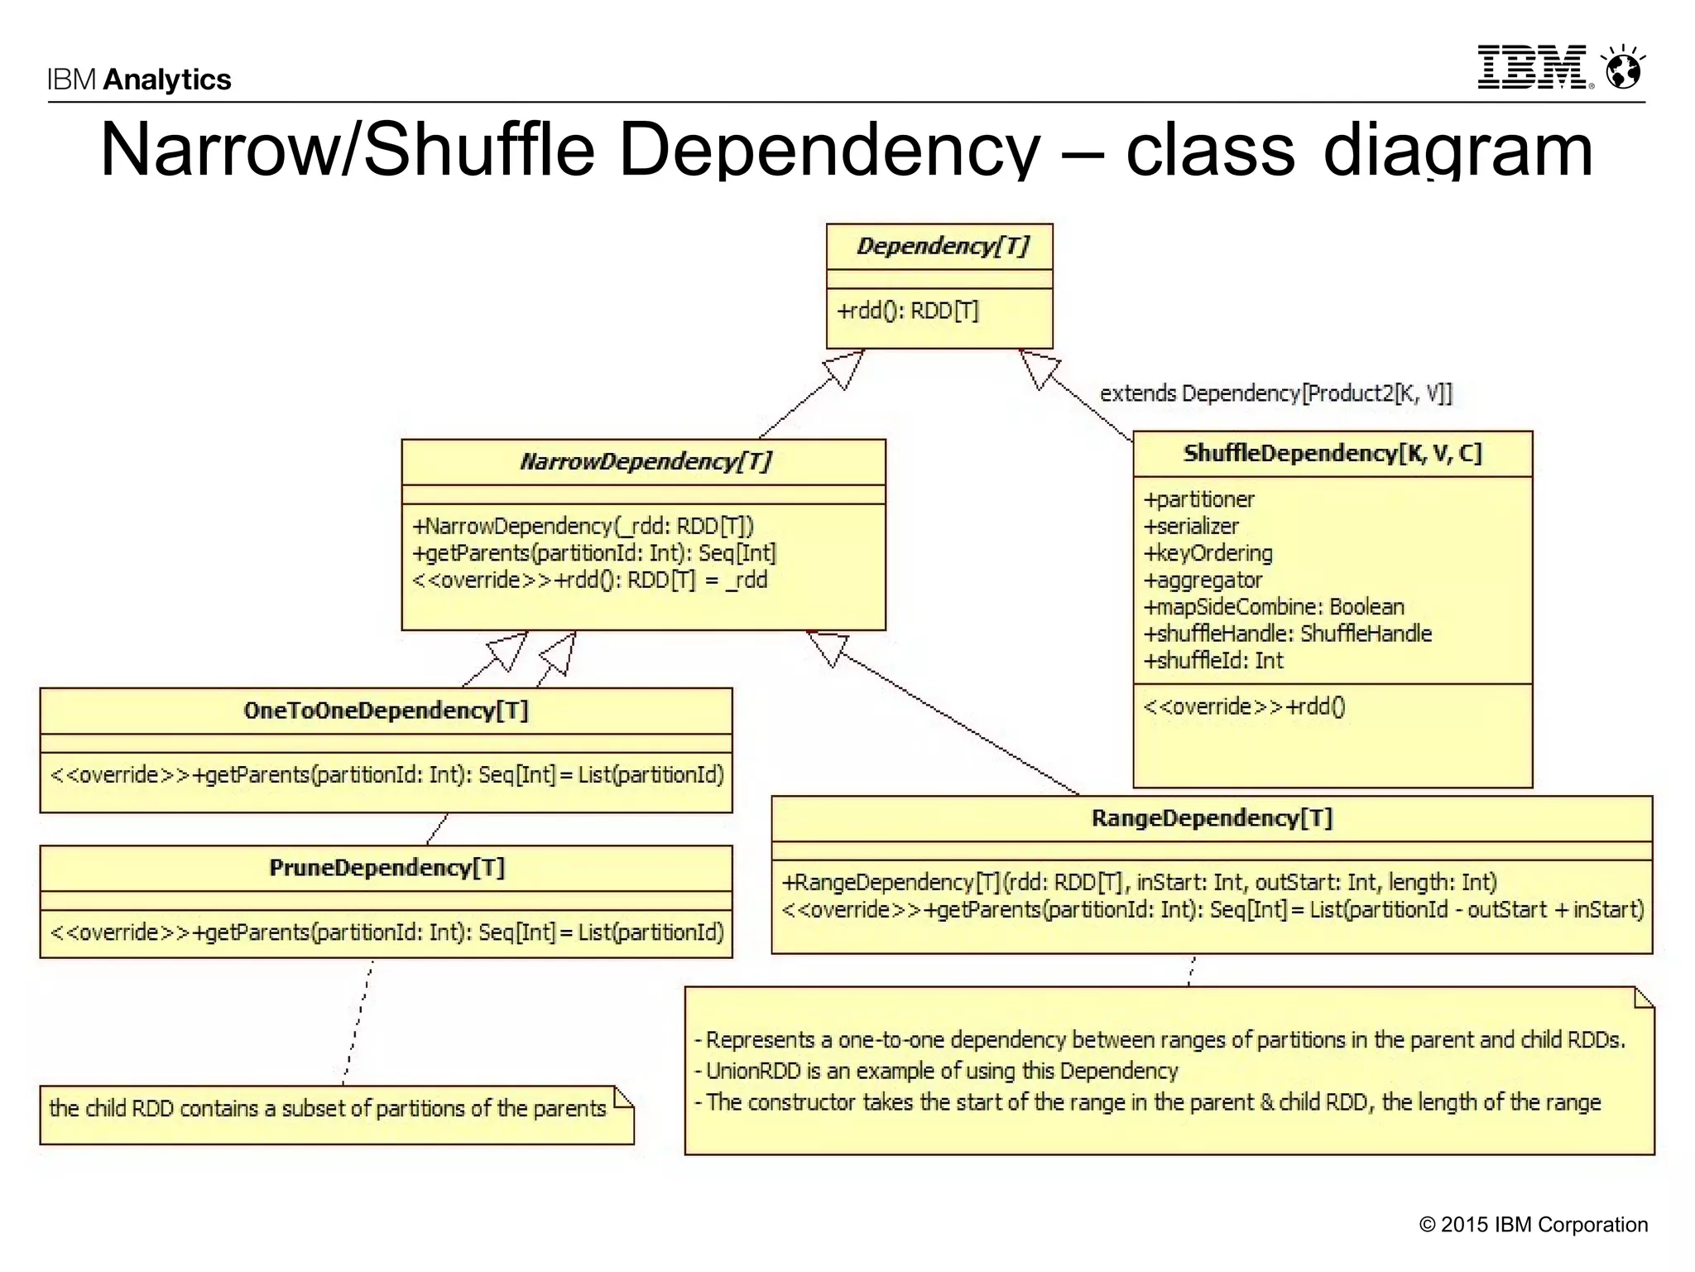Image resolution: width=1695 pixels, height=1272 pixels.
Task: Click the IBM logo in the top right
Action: [1534, 67]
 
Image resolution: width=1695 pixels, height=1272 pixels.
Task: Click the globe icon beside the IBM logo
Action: [1623, 68]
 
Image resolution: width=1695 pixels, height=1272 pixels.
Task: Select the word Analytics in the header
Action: [167, 79]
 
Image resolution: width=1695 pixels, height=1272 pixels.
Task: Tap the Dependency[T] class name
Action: [943, 246]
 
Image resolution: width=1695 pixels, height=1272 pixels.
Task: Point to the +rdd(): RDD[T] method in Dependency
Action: [908, 311]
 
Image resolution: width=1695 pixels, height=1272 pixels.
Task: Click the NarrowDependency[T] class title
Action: [646, 461]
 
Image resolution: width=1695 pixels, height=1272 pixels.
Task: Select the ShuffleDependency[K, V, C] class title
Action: [1332, 453]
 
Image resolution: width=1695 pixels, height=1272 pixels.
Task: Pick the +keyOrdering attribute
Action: [1208, 553]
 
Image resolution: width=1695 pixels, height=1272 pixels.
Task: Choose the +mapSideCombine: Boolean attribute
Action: [1274, 607]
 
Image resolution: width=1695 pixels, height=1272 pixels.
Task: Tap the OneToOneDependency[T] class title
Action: [386, 711]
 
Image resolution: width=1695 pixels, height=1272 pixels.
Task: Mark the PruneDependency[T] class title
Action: [387, 868]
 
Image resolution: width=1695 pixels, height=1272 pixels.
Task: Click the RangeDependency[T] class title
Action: [1212, 818]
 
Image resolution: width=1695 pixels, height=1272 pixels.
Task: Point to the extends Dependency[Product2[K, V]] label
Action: [1275, 393]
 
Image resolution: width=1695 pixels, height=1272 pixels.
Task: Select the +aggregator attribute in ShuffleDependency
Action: [1203, 581]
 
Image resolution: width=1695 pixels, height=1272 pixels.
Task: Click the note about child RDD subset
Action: [328, 1109]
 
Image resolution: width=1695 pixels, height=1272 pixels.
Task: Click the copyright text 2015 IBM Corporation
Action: [1534, 1225]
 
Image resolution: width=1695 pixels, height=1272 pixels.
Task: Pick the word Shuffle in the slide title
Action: [479, 150]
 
